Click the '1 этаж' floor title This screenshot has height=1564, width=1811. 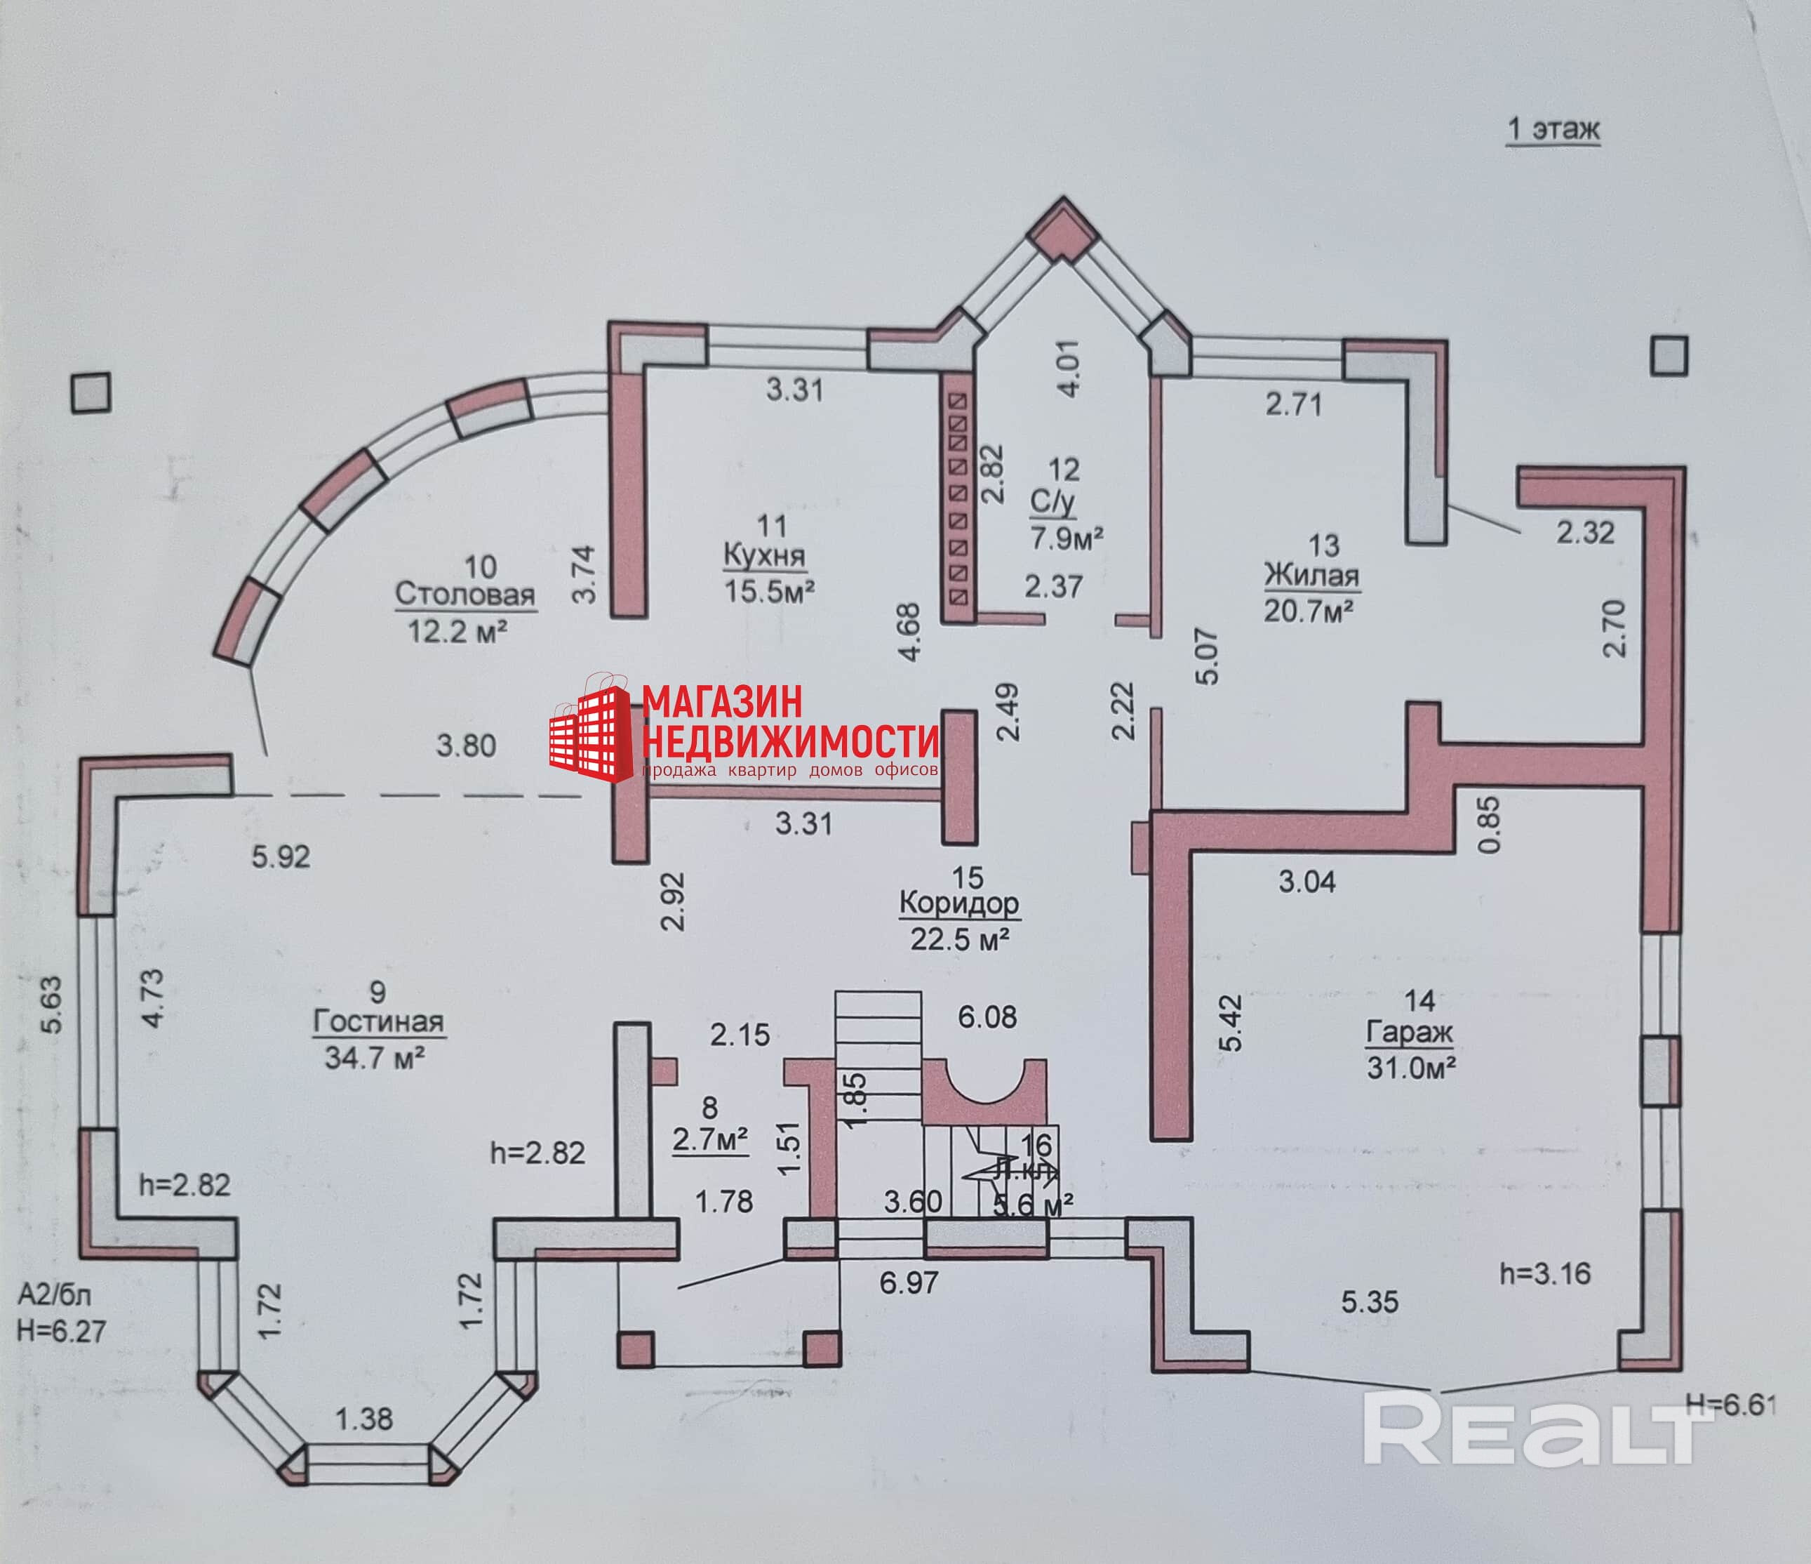(x=1552, y=129)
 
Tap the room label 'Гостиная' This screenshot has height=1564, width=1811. (x=378, y=1021)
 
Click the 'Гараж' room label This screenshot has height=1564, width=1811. (x=1410, y=1033)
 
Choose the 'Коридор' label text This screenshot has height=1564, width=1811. (x=958, y=903)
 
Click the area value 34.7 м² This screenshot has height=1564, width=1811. (x=374, y=1058)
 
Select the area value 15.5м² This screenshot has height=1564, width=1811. (x=768, y=591)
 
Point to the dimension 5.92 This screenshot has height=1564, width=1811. (x=281, y=856)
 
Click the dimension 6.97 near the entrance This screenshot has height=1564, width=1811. (x=909, y=1283)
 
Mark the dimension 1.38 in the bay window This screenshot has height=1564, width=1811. (x=363, y=1419)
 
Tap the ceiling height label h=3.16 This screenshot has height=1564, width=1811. (x=1544, y=1274)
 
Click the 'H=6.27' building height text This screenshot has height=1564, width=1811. (x=61, y=1332)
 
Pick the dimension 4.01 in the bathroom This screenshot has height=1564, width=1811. (x=1068, y=369)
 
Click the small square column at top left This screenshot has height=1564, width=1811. (x=91, y=392)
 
